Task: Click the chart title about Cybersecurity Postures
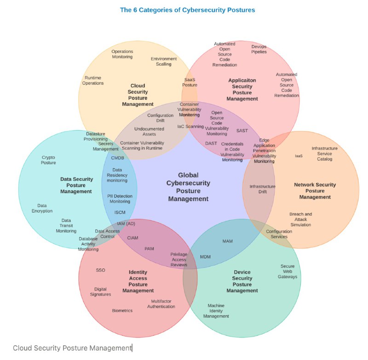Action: click(187, 9)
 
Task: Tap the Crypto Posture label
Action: click(48, 160)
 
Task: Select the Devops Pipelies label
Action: click(259, 49)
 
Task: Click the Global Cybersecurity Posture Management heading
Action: click(188, 187)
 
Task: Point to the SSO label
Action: click(101, 270)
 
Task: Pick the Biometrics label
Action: click(122, 310)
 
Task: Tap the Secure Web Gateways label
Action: click(287, 271)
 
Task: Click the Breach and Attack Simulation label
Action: click(301, 219)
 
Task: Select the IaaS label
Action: click(299, 156)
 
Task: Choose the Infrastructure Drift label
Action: click(263, 189)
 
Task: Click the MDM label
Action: click(205, 257)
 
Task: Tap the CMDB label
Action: click(118, 158)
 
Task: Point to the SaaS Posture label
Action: click(190, 82)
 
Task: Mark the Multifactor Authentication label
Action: click(161, 304)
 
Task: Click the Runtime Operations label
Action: click(93, 80)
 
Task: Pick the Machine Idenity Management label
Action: click(216, 311)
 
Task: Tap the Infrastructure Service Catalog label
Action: click(324, 154)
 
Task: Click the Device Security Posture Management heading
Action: click(242, 281)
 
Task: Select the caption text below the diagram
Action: click(72, 348)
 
